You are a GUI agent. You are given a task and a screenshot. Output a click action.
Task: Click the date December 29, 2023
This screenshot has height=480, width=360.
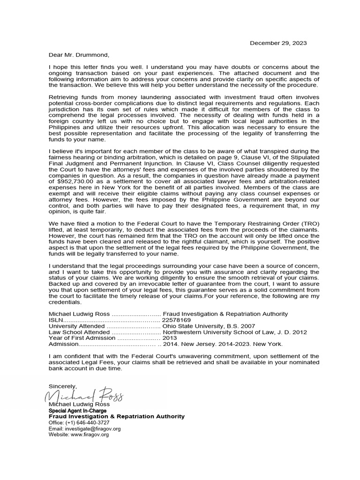278,43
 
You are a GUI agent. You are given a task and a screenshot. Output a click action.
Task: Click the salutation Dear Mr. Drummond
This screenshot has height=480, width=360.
78,55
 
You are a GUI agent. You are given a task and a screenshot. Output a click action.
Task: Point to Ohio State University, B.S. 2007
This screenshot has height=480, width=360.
209,326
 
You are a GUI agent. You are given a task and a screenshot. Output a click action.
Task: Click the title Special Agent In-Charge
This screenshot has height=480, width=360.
77,411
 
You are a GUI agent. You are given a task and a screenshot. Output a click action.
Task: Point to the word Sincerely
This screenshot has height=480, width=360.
62,386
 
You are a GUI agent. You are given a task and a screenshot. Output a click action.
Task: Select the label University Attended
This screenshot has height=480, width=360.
76,326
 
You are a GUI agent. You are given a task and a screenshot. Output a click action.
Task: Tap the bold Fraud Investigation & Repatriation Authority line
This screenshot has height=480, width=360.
117,417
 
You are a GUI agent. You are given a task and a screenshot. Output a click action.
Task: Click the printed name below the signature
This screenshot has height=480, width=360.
79,405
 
